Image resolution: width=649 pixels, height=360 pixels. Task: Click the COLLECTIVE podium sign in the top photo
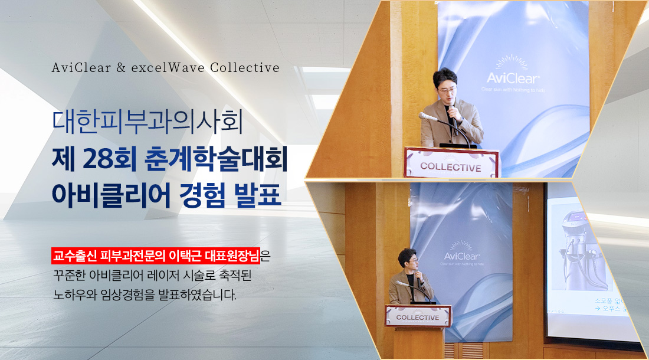451,166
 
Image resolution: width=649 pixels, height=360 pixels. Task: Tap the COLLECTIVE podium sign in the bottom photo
418,317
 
